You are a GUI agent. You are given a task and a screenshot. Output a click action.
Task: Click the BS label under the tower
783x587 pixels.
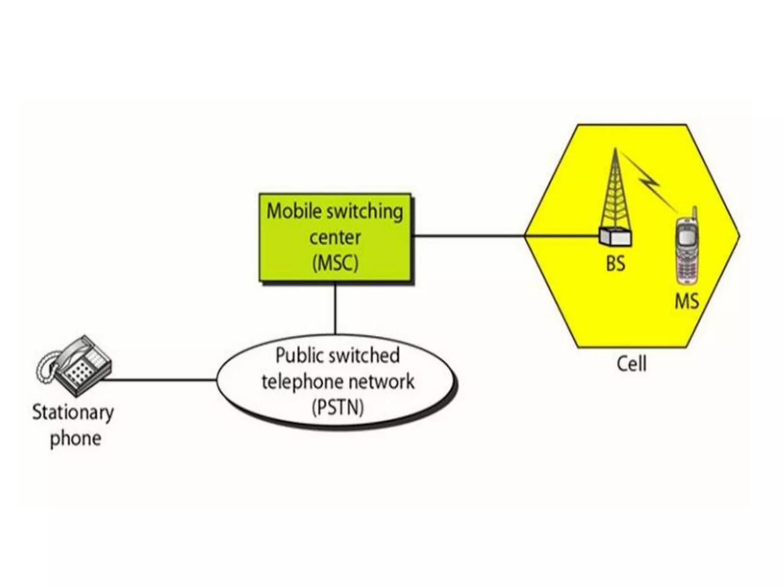pos(615,263)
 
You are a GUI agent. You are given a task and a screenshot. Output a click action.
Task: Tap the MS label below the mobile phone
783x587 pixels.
pos(687,301)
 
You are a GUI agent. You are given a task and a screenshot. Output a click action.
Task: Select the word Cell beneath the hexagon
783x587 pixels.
pos(632,363)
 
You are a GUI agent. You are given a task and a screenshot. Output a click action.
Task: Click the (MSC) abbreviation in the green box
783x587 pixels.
pos(335,263)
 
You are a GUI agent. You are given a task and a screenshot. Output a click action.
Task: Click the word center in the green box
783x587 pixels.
pos(335,237)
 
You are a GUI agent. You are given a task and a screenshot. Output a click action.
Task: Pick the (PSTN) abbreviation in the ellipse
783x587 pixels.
pos(337,407)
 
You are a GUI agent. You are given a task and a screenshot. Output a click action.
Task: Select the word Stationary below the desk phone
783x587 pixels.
pos(73,413)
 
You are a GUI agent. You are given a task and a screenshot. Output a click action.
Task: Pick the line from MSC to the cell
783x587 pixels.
pos(468,236)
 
